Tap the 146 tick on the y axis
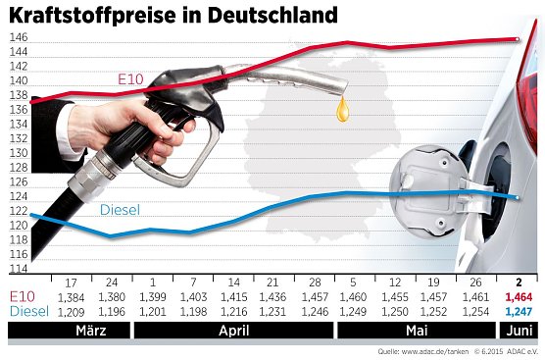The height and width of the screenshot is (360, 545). click(19, 37)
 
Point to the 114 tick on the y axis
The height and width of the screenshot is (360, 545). click(19, 268)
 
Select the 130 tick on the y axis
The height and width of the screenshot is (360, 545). click(19, 153)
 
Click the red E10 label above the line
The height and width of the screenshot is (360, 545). click(129, 77)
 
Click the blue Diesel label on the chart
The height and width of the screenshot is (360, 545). click(120, 210)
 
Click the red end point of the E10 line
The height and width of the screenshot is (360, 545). click(518, 39)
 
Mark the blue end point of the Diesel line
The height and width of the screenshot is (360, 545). click(518, 197)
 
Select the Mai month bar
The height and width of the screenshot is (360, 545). click(416, 333)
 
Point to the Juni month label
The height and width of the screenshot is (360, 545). click(520, 333)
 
